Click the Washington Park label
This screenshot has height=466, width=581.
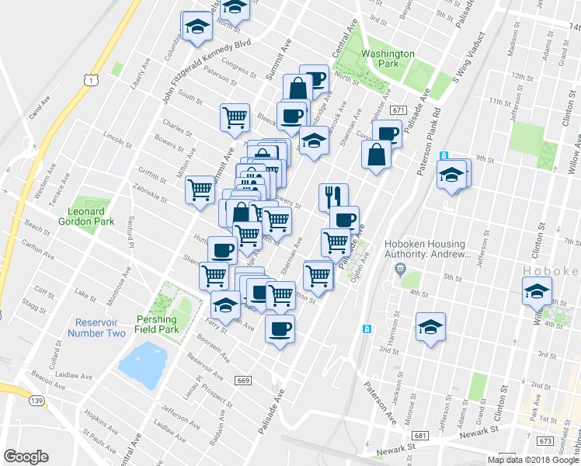pos(387,60)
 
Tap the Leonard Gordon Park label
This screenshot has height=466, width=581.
pos(86,216)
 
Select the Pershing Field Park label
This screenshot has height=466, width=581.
pos(158,324)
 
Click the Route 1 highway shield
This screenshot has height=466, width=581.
pos(92,80)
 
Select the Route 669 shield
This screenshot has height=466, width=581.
pos(243,380)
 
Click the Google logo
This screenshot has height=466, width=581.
pos(26,457)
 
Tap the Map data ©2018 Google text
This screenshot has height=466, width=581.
pos(534,460)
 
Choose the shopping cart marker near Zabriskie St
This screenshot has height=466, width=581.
pos(200,189)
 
